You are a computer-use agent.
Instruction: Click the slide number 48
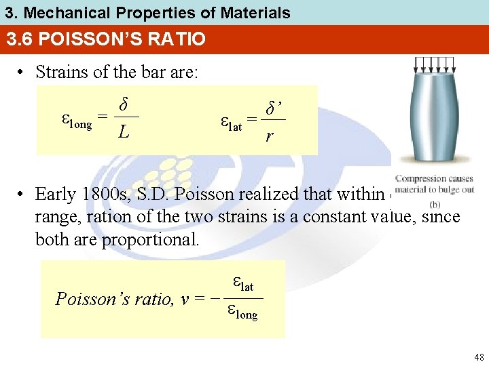479,357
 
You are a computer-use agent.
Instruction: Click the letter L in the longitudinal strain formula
123,132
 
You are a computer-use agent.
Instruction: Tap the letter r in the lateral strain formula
270,136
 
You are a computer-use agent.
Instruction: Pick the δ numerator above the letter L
124,105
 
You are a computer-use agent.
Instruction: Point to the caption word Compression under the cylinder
418,180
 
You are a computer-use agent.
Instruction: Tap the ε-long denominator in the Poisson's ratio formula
242,312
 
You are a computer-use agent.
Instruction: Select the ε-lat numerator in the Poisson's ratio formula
242,285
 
